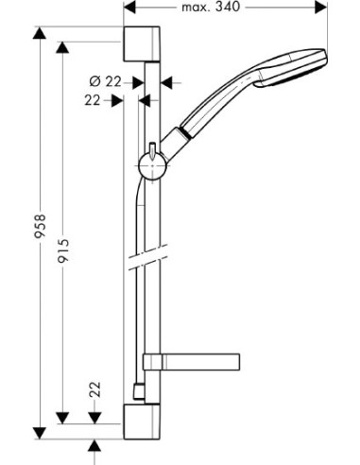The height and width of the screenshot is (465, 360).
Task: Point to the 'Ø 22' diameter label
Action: [x=111, y=81]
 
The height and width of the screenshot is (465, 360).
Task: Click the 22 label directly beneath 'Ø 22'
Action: [x=93, y=99]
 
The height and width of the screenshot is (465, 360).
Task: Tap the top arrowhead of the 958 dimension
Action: [x=41, y=35]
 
